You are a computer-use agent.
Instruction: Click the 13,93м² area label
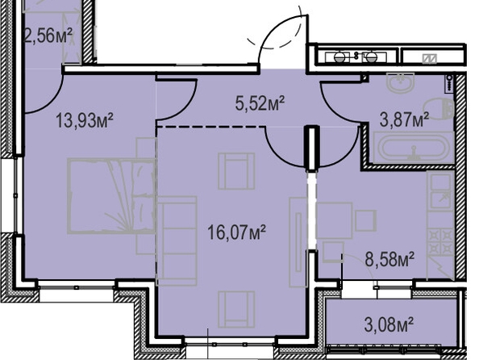(x=85, y=120)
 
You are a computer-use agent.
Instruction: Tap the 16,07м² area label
(x=236, y=232)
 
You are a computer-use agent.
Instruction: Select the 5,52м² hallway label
(x=260, y=103)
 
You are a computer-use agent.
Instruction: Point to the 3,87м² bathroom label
(x=404, y=119)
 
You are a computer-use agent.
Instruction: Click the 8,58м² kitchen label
(x=389, y=259)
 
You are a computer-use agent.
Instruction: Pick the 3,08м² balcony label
(x=389, y=324)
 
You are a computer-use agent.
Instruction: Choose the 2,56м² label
(x=48, y=36)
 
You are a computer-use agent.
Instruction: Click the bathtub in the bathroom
(x=414, y=148)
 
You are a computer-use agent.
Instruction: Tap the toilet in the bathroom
(x=439, y=108)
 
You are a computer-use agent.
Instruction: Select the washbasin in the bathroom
(x=401, y=82)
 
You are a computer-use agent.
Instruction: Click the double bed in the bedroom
(x=111, y=196)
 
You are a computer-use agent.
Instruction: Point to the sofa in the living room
(x=177, y=241)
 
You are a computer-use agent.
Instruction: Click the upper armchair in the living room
(x=236, y=171)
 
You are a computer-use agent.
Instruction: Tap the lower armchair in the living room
(x=236, y=309)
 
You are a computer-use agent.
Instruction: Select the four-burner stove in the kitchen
(x=440, y=241)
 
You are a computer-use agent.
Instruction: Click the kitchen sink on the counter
(x=440, y=190)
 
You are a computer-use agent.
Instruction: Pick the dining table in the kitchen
(x=334, y=220)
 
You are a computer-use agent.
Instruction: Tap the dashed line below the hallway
(x=210, y=126)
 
